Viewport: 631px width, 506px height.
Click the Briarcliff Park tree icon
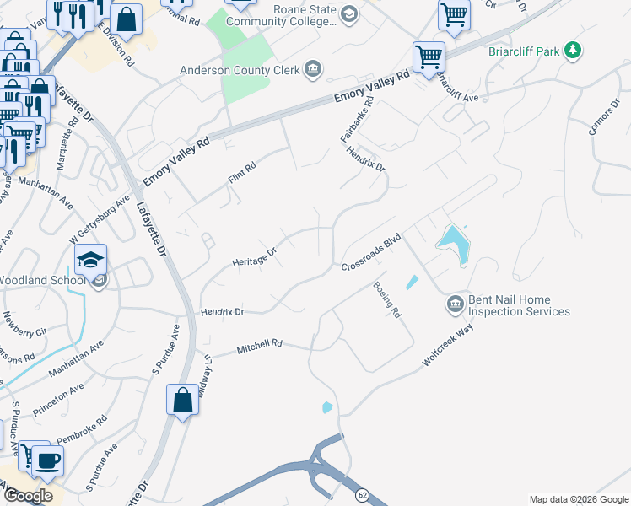coord(573,51)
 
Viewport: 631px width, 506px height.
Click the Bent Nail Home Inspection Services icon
coord(454,303)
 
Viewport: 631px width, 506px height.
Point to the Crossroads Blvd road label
coord(369,253)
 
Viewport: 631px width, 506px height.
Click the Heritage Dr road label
coord(255,257)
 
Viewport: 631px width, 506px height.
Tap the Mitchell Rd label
coord(259,347)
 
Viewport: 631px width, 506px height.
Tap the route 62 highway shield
coord(362,493)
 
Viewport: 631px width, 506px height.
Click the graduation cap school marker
coord(91,260)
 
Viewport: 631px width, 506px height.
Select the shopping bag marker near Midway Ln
coord(183,400)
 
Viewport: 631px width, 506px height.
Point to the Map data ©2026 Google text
coord(578,499)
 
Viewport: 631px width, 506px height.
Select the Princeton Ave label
coord(58,401)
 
